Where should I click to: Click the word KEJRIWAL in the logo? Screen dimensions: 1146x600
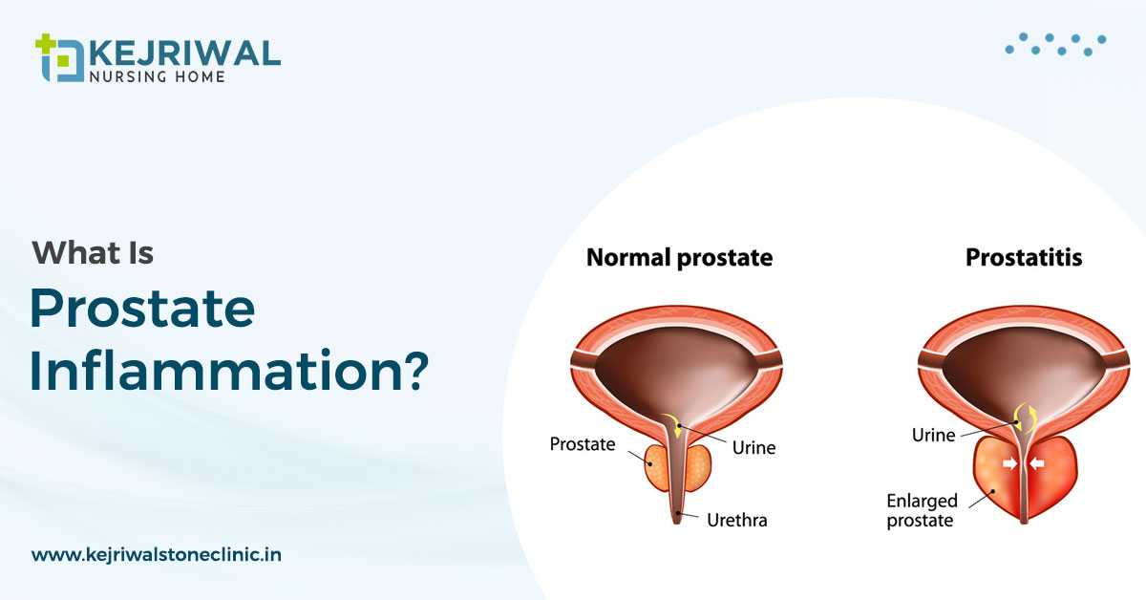[x=185, y=53]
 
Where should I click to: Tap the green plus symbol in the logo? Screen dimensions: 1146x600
[x=45, y=43]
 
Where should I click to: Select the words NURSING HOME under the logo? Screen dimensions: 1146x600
[x=157, y=76]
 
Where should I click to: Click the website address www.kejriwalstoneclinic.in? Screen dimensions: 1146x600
[x=157, y=554]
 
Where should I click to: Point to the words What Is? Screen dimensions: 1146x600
[x=93, y=253]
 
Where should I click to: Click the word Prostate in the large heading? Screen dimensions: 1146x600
[x=142, y=309]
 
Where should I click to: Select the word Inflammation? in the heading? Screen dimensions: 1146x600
[x=228, y=370]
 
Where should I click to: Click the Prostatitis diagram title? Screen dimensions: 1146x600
[x=1024, y=257]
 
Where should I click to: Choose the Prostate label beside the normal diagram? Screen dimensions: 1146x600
[x=583, y=444]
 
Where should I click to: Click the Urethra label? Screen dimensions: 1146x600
[x=736, y=520]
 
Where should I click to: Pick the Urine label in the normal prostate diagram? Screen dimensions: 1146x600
[x=753, y=447]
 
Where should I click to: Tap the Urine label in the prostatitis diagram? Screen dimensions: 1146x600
[x=933, y=435]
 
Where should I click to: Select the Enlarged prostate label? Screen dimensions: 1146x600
[x=922, y=510]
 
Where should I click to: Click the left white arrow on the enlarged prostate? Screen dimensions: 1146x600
[x=1009, y=463]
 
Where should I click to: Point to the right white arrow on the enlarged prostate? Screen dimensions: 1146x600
[x=1036, y=463]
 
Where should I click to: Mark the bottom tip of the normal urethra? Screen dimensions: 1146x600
[x=677, y=524]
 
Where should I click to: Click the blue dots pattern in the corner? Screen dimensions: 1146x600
[x=1055, y=45]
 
